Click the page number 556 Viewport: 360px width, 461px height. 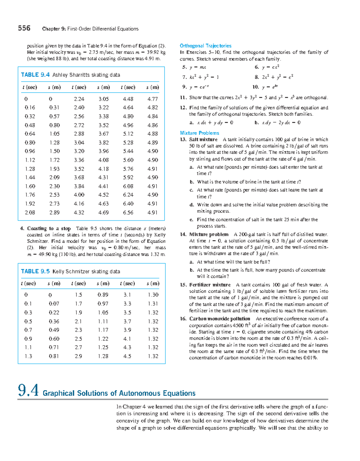click(x=24, y=28)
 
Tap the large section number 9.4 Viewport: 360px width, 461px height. click(x=28, y=390)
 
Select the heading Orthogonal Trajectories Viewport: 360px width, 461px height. click(x=205, y=46)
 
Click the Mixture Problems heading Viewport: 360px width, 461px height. click(x=199, y=133)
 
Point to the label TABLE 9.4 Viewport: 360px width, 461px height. click(x=35, y=75)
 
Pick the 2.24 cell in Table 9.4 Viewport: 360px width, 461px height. click(x=79, y=99)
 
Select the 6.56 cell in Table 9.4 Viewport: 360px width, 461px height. click(x=128, y=212)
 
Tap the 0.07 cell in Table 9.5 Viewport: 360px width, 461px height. click(x=54, y=304)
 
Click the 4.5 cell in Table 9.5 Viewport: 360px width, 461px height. click(x=127, y=356)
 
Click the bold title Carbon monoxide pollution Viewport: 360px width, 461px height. click(x=220, y=319)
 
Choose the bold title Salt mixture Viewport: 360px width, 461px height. click(x=203, y=139)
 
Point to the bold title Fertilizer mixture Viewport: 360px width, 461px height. click(x=210, y=285)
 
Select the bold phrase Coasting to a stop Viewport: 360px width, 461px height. click(x=49, y=228)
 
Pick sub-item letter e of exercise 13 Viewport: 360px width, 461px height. click(x=191, y=220)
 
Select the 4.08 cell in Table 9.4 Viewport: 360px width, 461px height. click(x=103, y=160)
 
